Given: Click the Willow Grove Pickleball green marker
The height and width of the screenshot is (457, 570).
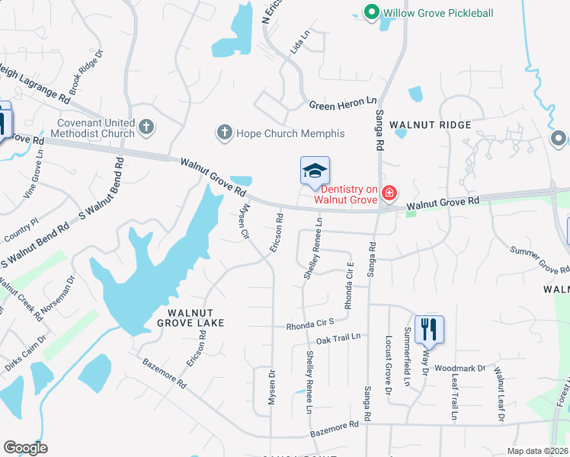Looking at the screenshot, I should pos(371,12).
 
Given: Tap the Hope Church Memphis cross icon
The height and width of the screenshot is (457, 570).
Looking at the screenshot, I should pos(224,133).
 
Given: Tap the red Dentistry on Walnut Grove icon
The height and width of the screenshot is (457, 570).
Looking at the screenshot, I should pos(389,193).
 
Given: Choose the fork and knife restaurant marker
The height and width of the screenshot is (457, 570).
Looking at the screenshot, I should pos(429,330).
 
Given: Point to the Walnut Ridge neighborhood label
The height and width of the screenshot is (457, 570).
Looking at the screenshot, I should pos(431,124).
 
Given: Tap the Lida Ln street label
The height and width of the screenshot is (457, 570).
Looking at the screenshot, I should pos(301,42).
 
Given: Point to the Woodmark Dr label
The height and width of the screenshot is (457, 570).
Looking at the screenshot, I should pos(460,368).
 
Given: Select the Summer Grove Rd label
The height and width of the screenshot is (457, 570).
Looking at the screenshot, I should pos(540,259).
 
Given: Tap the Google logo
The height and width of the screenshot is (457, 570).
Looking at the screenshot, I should pos(25,448).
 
